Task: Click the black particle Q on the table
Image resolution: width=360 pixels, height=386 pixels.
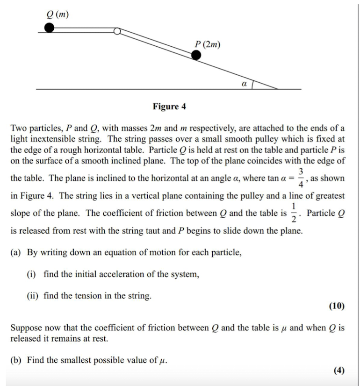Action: click(x=49, y=29)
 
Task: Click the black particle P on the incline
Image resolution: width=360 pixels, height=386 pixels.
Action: click(x=196, y=56)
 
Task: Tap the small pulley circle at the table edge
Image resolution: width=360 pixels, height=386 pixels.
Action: click(x=117, y=31)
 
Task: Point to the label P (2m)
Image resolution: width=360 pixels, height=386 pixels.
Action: click(x=208, y=44)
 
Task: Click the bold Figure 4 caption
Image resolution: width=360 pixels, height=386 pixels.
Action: click(x=169, y=107)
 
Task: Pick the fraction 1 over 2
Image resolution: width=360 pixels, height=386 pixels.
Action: click(x=294, y=213)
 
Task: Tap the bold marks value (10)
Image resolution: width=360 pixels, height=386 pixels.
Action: click(x=337, y=306)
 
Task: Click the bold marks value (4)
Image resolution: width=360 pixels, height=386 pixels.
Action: click(x=339, y=371)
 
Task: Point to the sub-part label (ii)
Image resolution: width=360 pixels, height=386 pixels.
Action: click(x=33, y=296)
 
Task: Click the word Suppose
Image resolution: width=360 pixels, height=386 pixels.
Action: click(x=26, y=328)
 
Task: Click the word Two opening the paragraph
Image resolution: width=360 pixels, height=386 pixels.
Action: click(x=19, y=128)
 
